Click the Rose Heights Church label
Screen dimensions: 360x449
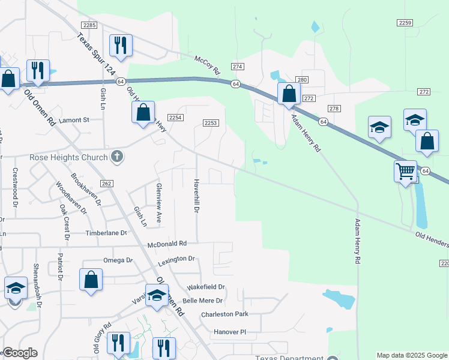(x=69, y=157)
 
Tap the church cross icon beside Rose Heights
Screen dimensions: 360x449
(x=116, y=157)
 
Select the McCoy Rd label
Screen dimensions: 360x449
(x=208, y=62)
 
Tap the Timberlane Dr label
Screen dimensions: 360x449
(x=106, y=233)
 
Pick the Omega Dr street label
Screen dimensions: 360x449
(x=118, y=260)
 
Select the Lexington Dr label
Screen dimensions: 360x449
(x=176, y=259)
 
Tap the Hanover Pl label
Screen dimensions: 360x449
(x=231, y=332)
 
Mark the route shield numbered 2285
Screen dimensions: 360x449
(x=89, y=25)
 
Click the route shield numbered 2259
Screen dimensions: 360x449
(x=405, y=22)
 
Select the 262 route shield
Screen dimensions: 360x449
(x=107, y=184)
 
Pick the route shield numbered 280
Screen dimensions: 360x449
(x=302, y=80)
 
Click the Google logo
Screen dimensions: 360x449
(x=20, y=353)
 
